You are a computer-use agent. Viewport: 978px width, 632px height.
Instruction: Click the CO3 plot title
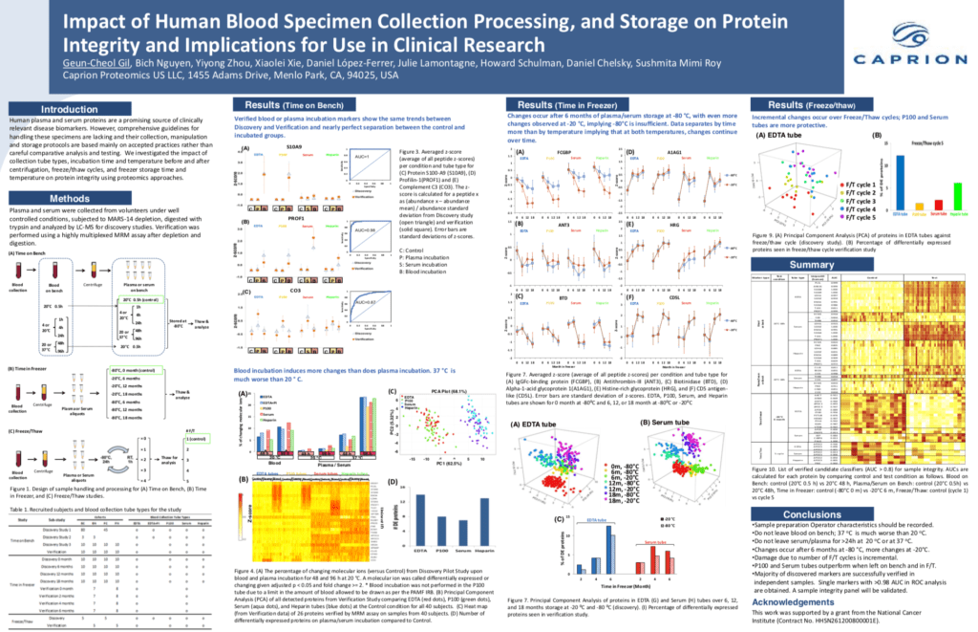coord(296,290)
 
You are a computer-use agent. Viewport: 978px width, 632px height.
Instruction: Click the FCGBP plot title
coord(563,152)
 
